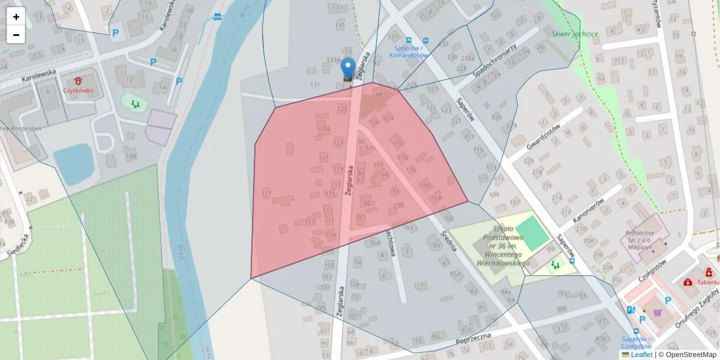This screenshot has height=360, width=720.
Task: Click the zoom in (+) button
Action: pyautogui.click(x=16, y=17)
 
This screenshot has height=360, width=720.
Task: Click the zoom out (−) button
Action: pyautogui.click(x=16, y=35)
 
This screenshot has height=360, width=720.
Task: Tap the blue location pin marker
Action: pyautogui.click(x=347, y=68)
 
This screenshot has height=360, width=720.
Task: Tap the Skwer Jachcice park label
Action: pyautogui.click(x=575, y=34)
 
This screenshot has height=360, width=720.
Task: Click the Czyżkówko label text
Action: pyautogui.click(x=78, y=91)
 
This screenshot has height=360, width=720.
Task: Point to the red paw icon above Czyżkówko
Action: pyautogui.click(x=78, y=80)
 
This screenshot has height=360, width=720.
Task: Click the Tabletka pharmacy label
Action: pyautogui.click(x=707, y=282)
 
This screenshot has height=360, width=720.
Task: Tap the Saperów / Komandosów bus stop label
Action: pyautogui.click(x=409, y=52)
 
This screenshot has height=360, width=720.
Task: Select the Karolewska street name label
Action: pyautogui.click(x=38, y=75)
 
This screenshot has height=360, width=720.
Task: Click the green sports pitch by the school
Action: pyautogui.click(x=532, y=233)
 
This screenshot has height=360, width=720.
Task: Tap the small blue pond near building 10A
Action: pyautogui.click(x=73, y=164)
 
